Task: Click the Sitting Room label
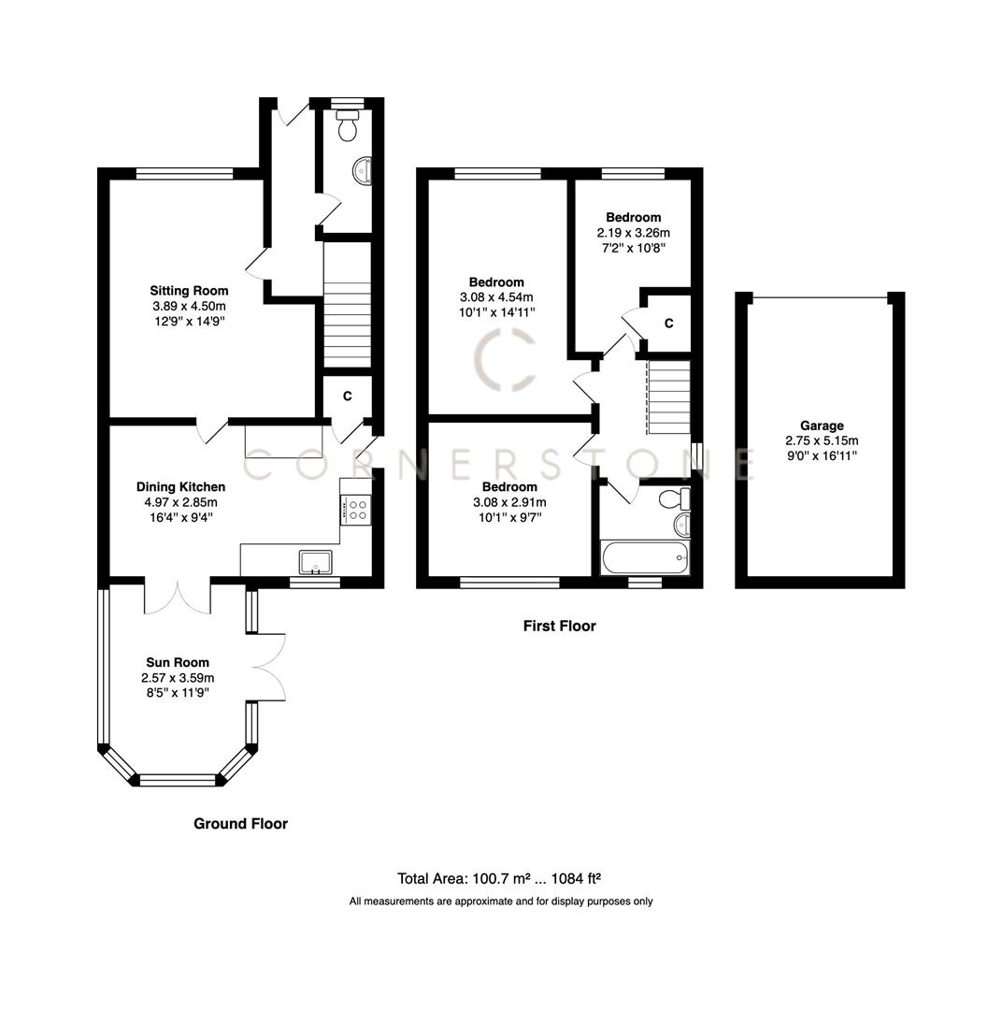pyautogui.click(x=190, y=291)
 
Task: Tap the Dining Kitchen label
pyautogui.click(x=180, y=486)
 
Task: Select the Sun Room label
pyautogui.click(x=178, y=662)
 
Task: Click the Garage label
pyautogui.click(x=821, y=426)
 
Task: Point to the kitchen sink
pyautogui.click(x=315, y=561)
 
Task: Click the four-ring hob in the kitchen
pyautogui.click(x=356, y=510)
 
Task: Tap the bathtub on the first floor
pyautogui.click(x=645, y=559)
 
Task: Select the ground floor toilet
pyautogui.click(x=348, y=124)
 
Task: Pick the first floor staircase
pyautogui.click(x=668, y=397)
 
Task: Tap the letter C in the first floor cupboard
pyautogui.click(x=668, y=324)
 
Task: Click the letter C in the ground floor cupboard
pyautogui.click(x=347, y=397)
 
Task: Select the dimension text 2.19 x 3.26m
pyautogui.click(x=633, y=233)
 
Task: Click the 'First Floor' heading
pyautogui.click(x=559, y=626)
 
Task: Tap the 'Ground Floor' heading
pyautogui.click(x=240, y=824)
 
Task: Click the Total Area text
pyautogui.click(x=499, y=878)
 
